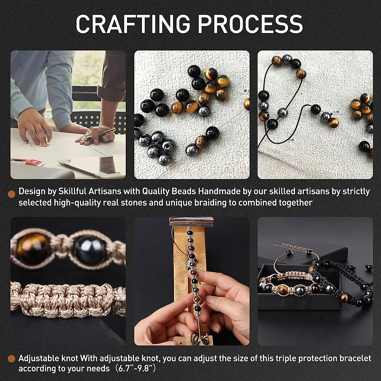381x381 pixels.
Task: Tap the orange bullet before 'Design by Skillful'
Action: pos(12,194)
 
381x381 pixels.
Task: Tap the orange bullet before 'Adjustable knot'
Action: pos(12,359)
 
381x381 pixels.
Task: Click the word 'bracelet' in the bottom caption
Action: pos(355,358)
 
